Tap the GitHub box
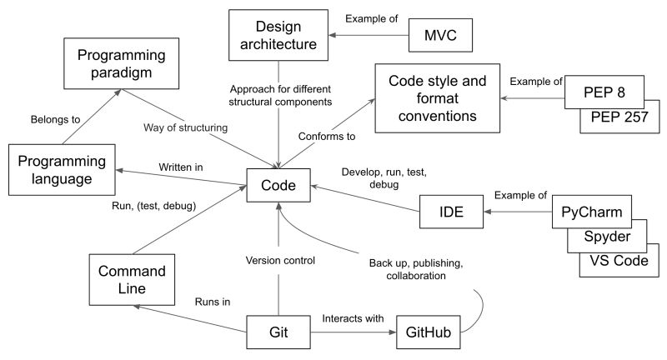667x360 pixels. [428, 332]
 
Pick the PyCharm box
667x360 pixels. [590, 209]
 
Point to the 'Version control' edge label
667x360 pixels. [279, 260]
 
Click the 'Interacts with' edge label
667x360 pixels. [351, 317]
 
